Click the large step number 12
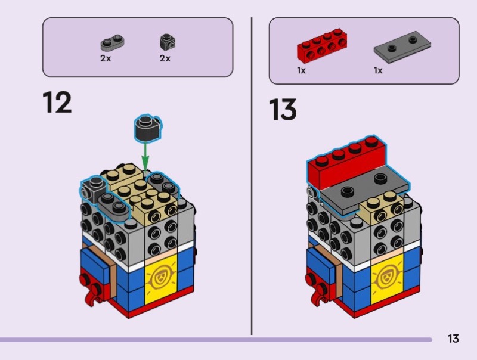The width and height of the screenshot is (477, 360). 57,103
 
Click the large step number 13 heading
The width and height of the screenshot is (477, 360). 283,110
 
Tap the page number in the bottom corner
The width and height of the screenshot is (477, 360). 453,339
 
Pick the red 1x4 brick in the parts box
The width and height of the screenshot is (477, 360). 322,46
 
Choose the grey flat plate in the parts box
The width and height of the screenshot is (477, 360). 402,46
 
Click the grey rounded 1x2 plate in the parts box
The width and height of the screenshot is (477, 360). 112,43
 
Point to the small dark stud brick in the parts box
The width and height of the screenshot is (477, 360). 168,42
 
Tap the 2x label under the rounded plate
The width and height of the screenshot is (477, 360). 106,58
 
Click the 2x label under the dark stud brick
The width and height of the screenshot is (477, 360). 165,58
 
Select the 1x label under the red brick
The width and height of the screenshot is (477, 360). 301,70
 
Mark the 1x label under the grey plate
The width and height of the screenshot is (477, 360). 378,70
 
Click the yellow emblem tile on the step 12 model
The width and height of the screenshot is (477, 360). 161,279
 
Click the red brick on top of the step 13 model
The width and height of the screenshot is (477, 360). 347,162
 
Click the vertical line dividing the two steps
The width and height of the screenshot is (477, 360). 252,176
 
